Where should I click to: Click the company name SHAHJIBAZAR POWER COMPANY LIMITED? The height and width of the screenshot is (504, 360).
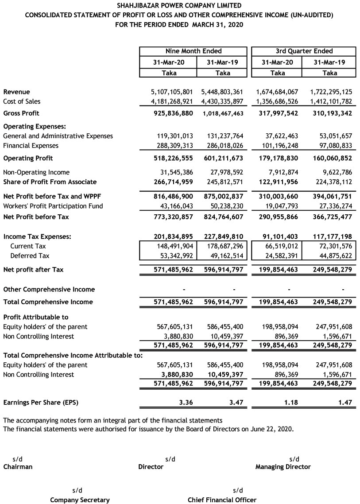click(179, 6)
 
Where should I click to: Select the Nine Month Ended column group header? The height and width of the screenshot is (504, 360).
click(194, 51)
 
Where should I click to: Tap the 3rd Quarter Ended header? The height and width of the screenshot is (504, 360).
click(304, 51)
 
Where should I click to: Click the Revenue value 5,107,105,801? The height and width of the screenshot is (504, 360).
click(172, 92)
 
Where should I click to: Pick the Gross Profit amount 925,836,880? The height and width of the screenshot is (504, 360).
click(172, 113)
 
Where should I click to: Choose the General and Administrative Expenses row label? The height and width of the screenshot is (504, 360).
click(58, 136)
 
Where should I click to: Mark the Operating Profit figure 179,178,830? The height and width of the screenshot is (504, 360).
click(277, 158)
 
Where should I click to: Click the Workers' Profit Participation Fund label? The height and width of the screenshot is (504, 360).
click(53, 206)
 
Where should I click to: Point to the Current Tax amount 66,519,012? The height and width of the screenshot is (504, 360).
click(279, 246)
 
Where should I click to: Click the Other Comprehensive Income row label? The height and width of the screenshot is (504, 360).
click(49, 290)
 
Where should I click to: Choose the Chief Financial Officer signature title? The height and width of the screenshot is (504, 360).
click(222, 500)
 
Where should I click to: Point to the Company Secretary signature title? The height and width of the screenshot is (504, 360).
click(80, 500)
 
